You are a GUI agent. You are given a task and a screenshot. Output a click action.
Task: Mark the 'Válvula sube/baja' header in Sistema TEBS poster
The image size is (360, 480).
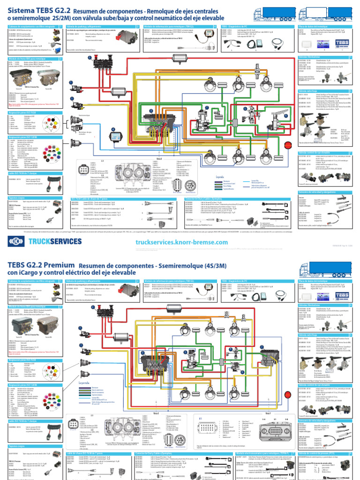pyautogui.click(x=309, y=91)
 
